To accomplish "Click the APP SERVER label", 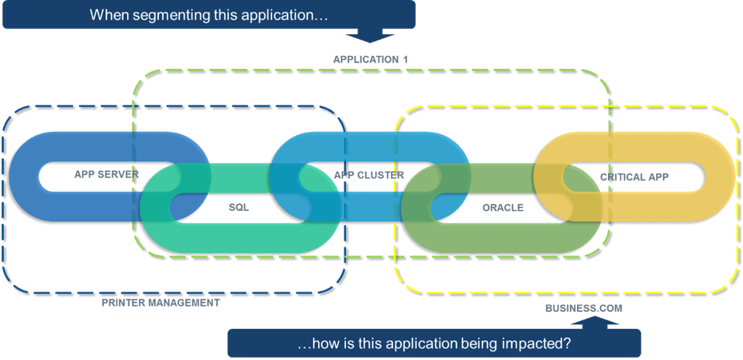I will pos(105,175).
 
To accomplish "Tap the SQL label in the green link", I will pos(238,208).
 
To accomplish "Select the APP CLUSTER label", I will pos(369,175).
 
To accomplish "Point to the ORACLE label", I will pos(503,208).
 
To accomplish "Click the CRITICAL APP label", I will pos(634,178).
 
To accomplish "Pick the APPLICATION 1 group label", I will pos(370,60).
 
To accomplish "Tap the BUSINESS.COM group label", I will pos(583,309).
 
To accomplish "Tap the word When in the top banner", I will pos(106,15).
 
